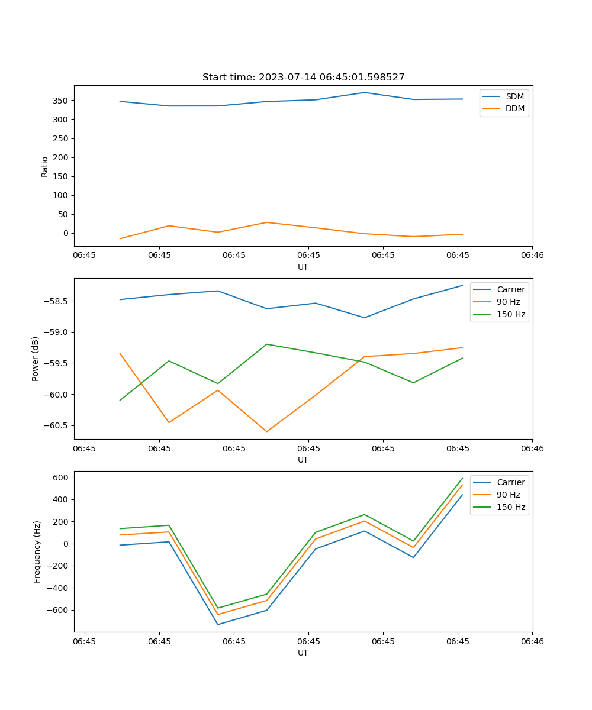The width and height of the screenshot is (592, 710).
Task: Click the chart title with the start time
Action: coord(303,78)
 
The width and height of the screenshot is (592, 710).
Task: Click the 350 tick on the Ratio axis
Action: coord(62,101)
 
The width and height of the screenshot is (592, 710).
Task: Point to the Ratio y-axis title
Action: coord(44,166)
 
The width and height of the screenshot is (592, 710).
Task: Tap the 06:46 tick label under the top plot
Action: coord(532,256)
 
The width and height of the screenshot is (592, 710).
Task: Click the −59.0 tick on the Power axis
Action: coord(57,332)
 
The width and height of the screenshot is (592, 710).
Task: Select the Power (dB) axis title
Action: coord(36,359)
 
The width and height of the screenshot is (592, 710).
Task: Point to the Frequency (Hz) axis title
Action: coord(37,551)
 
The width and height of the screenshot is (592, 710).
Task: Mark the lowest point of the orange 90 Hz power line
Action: coord(266,432)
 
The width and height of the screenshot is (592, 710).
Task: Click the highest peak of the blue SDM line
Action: coord(364,92)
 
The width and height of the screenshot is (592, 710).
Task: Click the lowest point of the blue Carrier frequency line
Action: coord(218,625)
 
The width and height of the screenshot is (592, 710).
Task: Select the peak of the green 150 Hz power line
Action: coord(266,344)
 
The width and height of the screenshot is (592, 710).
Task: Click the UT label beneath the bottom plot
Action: coord(303,653)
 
